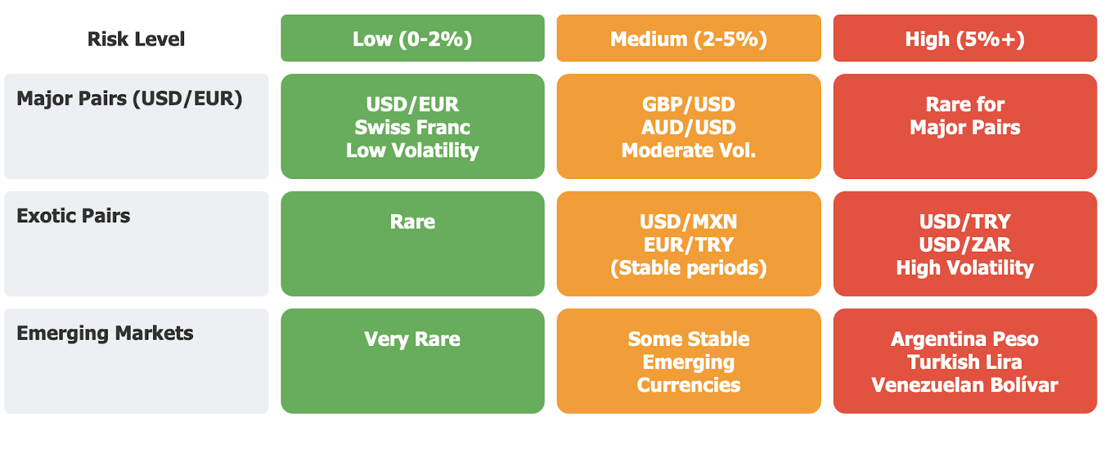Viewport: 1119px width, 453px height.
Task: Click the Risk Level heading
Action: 136,39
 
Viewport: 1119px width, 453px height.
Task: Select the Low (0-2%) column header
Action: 413,38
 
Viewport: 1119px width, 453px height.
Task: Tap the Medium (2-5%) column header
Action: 688,38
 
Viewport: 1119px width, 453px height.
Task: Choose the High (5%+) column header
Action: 965,38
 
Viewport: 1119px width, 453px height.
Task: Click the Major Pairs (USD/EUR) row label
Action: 129,99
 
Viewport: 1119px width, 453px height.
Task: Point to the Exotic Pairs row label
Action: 73,216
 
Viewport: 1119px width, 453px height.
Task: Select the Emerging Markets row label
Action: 105,333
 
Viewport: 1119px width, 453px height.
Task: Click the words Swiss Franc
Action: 413,127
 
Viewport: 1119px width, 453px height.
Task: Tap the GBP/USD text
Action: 688,104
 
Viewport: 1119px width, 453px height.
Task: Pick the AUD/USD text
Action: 688,127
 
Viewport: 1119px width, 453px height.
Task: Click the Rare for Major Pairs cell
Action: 965,127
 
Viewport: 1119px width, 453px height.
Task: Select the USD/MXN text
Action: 688,222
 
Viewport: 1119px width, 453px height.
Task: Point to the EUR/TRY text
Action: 688,245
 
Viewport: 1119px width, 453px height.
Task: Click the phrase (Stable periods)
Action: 688,268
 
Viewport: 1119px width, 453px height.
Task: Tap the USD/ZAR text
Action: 965,245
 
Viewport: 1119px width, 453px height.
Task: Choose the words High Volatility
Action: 965,268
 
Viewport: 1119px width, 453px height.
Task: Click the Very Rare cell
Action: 413,361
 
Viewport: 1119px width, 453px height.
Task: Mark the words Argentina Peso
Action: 965,339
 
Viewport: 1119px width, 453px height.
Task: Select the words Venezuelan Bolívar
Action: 965,385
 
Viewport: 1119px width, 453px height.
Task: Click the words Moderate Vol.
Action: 688,150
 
